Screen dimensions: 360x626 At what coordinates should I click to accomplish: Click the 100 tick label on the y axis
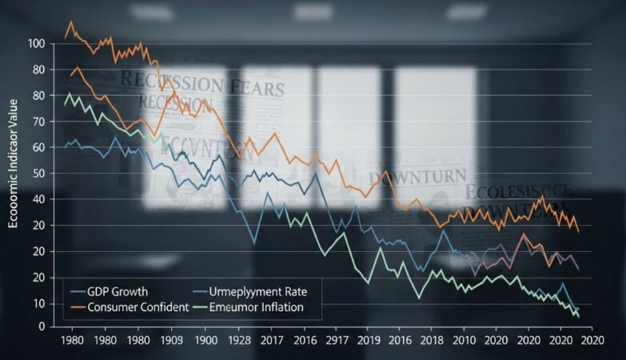click(x=37, y=44)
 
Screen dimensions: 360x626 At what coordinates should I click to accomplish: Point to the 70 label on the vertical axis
click(x=37, y=122)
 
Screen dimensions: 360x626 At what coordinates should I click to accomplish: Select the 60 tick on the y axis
click(x=37, y=148)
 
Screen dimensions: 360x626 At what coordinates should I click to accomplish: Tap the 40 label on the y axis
click(x=37, y=200)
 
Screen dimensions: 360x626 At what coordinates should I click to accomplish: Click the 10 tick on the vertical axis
click(x=37, y=304)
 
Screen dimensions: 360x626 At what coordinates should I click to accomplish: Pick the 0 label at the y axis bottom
click(x=39, y=326)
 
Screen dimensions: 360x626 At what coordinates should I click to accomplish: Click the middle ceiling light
click(x=312, y=11)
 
